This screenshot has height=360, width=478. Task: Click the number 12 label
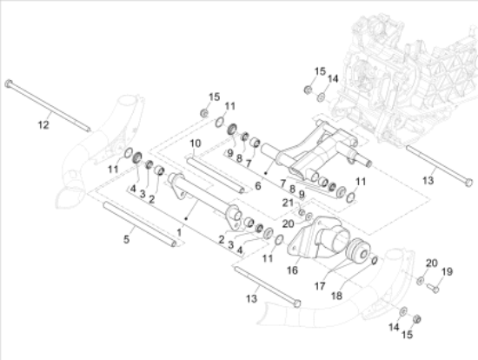[x=43, y=124]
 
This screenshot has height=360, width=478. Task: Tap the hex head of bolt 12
[x=9, y=83]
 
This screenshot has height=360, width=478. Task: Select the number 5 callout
[x=127, y=239]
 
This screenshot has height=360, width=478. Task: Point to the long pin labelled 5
[x=140, y=224]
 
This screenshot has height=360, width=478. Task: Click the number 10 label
[x=196, y=143]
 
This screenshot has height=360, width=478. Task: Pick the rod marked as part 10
[x=216, y=175]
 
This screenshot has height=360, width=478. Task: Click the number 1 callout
[x=179, y=233]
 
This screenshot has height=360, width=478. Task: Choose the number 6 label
[x=258, y=185]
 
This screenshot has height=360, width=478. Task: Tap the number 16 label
[x=292, y=270]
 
